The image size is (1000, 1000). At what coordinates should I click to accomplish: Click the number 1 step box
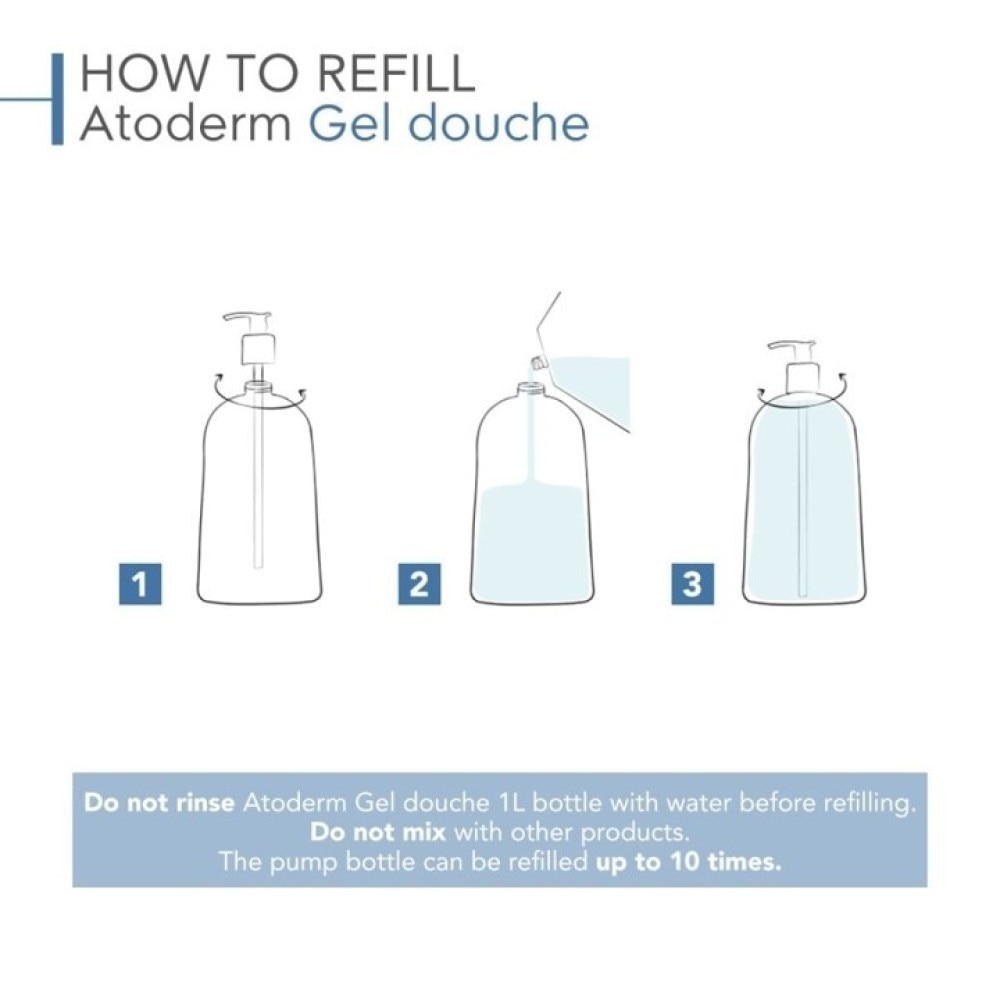pos(140,584)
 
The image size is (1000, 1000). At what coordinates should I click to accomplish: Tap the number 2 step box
pos(419,584)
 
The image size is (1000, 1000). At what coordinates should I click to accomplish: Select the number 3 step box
pos(693,584)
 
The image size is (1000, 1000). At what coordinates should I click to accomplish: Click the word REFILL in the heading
pos(396,74)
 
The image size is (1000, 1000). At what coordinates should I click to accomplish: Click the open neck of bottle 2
pos(529,386)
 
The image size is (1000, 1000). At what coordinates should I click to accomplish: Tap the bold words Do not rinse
pos(159,802)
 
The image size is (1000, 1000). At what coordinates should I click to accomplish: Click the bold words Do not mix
pos(378,832)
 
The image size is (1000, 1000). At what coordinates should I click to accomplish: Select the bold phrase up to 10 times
pos(688,862)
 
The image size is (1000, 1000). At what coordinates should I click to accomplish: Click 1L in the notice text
pos(510,802)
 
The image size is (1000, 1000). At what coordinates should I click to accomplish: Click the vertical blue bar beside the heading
pos(57,99)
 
